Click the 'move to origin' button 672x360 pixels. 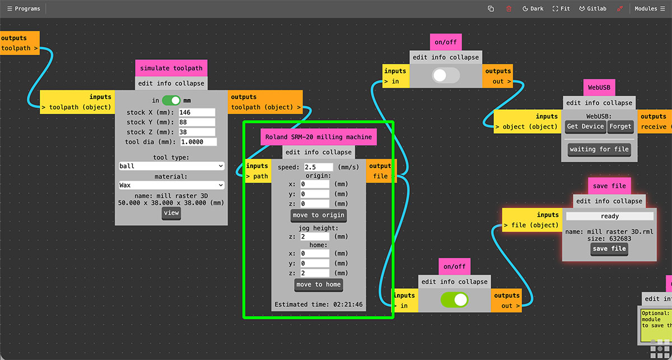(x=318, y=216)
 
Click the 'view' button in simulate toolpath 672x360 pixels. (x=171, y=213)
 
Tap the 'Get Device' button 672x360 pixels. (x=585, y=127)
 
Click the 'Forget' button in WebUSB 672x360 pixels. (x=620, y=127)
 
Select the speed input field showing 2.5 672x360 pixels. (x=318, y=167)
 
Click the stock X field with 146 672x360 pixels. (x=197, y=113)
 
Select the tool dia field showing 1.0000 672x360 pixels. (x=198, y=142)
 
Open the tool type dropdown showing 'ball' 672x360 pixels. (x=171, y=166)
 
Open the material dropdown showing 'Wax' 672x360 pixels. (x=171, y=185)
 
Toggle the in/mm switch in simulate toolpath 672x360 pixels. (x=171, y=100)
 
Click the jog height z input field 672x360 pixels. (x=315, y=237)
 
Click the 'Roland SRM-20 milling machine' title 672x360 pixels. (x=318, y=137)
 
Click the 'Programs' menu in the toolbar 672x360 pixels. (x=24, y=9)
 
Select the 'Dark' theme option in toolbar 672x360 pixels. (x=533, y=9)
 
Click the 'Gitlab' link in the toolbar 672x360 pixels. (x=592, y=9)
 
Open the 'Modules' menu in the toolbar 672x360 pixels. (x=650, y=9)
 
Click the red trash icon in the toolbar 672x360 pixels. (x=509, y=9)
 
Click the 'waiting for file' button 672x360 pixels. (x=599, y=149)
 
